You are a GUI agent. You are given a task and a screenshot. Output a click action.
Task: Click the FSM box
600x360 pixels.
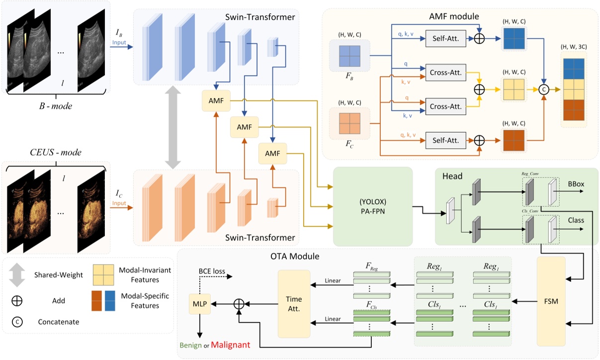[x=551, y=301]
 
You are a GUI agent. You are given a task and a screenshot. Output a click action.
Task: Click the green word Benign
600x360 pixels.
[x=191, y=345]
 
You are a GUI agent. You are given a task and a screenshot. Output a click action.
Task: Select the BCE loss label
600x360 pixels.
[x=212, y=272]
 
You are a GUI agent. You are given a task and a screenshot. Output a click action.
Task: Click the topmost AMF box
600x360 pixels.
[x=216, y=101]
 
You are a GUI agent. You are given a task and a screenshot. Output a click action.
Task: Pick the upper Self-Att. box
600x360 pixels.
[x=445, y=38]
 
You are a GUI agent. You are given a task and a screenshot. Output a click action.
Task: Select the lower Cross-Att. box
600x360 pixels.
[x=445, y=106]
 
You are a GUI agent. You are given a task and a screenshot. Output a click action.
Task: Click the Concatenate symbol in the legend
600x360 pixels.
[x=17, y=322]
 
